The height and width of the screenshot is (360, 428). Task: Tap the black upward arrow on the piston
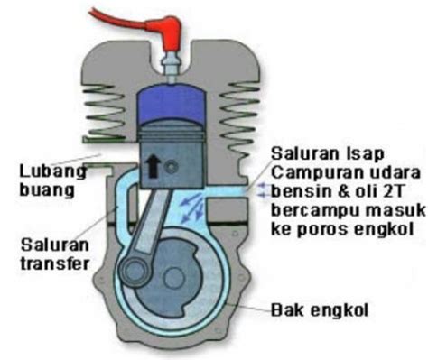pos(153,167)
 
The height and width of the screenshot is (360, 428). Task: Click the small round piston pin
pos(172,167)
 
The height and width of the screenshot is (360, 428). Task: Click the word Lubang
pos(53,172)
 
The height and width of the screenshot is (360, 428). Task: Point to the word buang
pos(47,190)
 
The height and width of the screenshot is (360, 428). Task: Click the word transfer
pos(55,263)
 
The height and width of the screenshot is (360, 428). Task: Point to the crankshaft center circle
pos(173,277)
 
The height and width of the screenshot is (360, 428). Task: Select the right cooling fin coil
pos(240,117)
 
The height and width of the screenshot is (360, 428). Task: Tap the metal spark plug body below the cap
pos(172,68)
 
